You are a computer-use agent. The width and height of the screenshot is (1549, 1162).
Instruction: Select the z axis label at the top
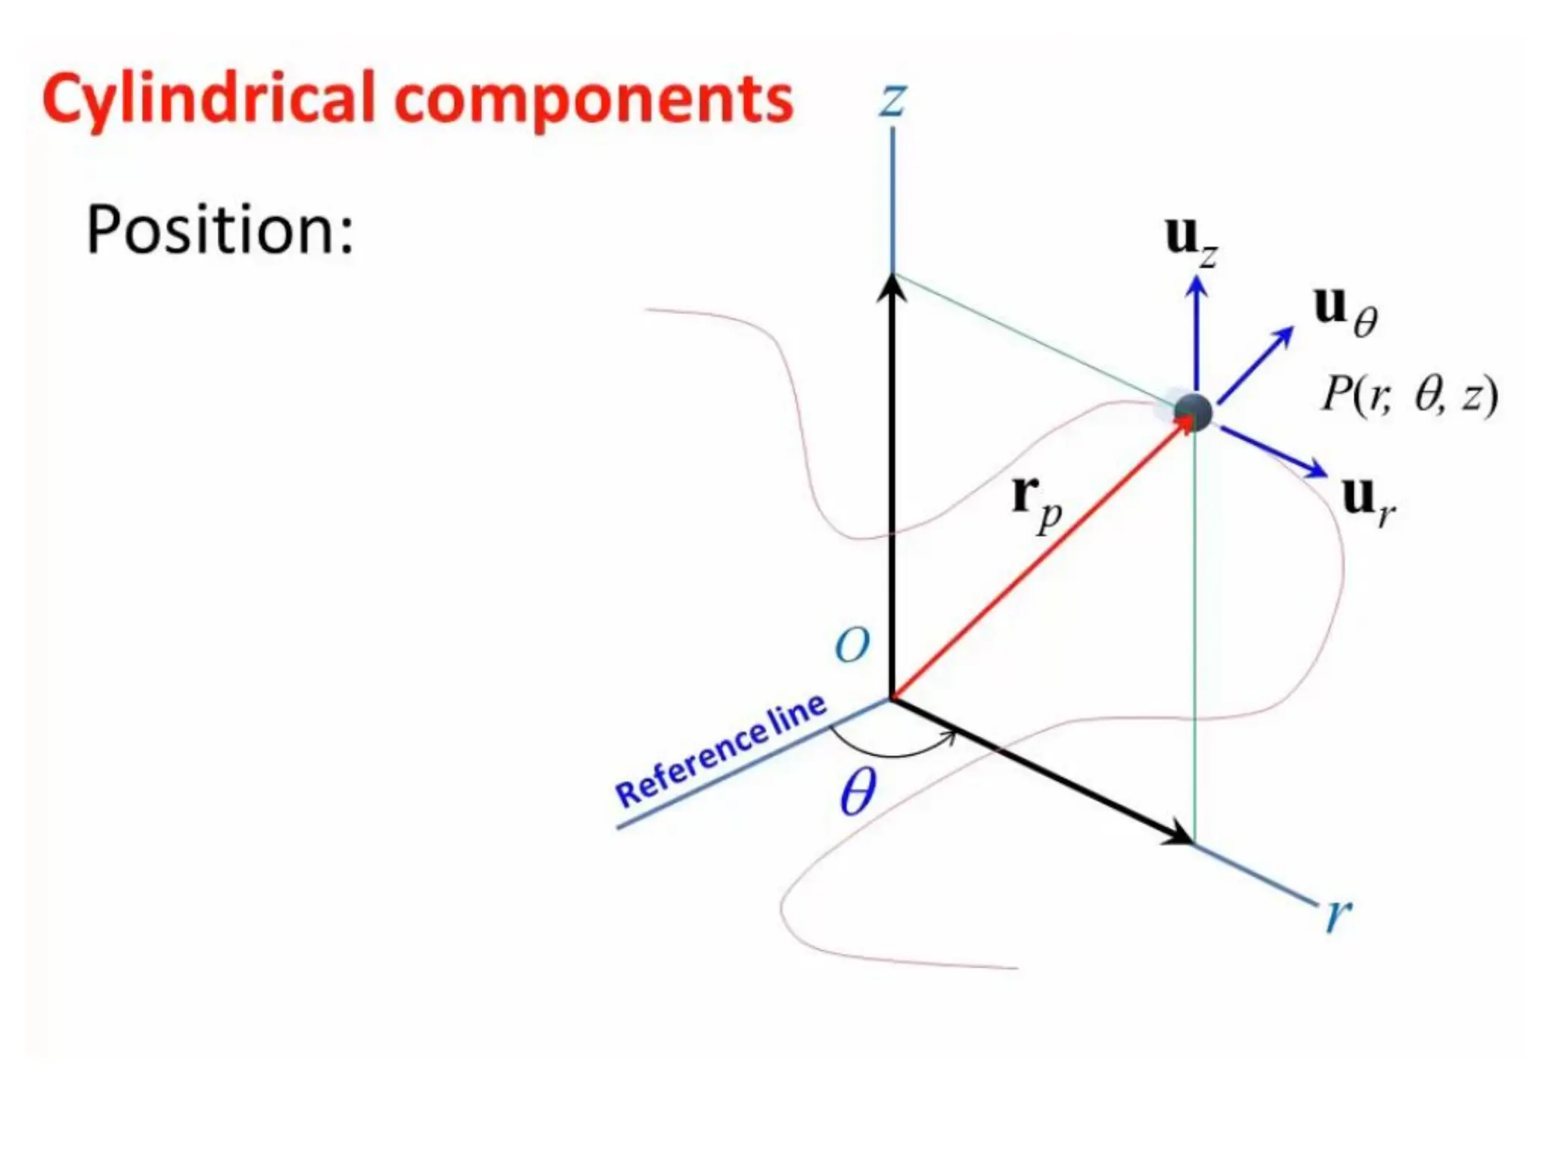click(x=892, y=100)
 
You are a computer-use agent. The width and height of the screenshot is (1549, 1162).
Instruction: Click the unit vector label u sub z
click(x=1190, y=240)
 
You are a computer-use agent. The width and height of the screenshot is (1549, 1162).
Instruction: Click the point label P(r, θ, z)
click(x=1408, y=395)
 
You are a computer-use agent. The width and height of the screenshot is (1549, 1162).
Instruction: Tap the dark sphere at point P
click(x=1194, y=412)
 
